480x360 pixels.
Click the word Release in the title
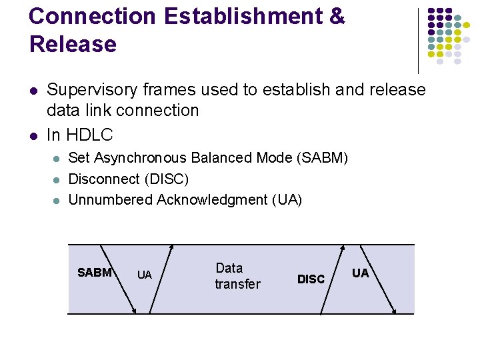click(x=73, y=44)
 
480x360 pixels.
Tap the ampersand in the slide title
click(x=337, y=17)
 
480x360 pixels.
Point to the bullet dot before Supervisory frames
click(x=33, y=90)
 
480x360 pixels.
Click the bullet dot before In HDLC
click(x=33, y=135)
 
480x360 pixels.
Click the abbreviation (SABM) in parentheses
click(x=323, y=158)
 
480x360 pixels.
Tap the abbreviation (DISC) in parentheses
click(x=165, y=179)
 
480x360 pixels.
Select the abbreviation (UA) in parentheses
click(x=287, y=199)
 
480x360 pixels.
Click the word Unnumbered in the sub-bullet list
click(x=111, y=199)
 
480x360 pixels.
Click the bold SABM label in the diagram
click(x=94, y=272)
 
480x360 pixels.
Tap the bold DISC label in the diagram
click(x=311, y=279)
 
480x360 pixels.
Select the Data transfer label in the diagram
click(x=237, y=276)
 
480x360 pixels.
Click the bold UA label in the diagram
click(x=360, y=273)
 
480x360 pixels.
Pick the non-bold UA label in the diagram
click(x=144, y=275)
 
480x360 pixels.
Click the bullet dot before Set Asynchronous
click(x=57, y=159)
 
